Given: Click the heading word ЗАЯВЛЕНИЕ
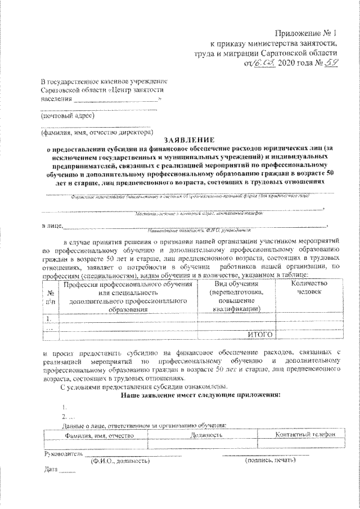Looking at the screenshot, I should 188,140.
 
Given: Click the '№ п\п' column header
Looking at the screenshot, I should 51,297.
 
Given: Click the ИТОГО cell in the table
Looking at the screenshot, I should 259,334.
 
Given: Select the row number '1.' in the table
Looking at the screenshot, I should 50,318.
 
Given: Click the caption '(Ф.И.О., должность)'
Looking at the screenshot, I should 120,461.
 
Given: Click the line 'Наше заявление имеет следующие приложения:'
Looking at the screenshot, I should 200,395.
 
